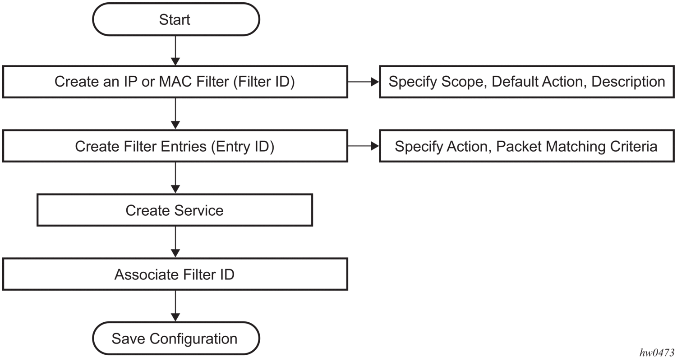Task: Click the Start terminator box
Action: coord(176,19)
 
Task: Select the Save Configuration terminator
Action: coord(176,338)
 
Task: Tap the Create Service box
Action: coord(175,210)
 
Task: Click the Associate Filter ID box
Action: coord(175,274)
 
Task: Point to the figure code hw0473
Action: coord(657,353)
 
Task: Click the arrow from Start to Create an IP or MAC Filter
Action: coord(175,51)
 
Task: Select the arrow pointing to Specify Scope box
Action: coord(363,82)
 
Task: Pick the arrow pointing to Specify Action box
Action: coord(363,146)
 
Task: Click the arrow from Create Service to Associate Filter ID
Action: coord(175,242)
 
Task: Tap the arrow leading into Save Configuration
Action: coord(175,306)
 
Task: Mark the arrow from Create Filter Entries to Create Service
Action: coord(175,178)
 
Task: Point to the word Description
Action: coord(628,82)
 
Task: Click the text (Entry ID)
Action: coord(243,147)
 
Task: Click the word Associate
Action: coord(142,274)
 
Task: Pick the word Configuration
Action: coord(193,339)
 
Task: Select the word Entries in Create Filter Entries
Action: coord(184,146)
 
